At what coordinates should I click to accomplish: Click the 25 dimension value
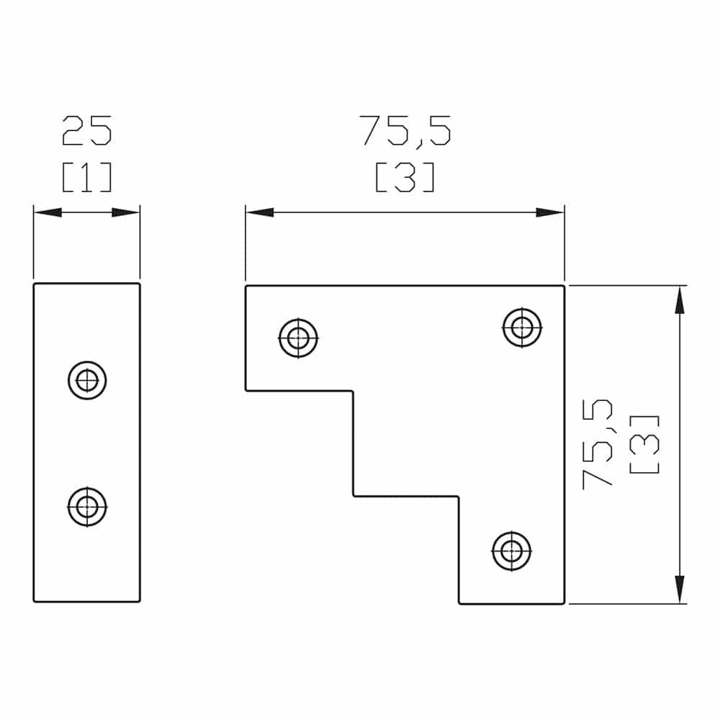coord(87,131)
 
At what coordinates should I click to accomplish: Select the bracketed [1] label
coord(87,177)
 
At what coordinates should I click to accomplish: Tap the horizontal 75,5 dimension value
coord(405,131)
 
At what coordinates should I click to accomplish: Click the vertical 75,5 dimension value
coord(597,444)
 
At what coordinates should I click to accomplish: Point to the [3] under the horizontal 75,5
coord(405,177)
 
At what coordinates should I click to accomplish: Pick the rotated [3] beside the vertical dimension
coord(644,444)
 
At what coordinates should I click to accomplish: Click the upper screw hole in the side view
coord(88,379)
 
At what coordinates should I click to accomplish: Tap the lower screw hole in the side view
coord(88,506)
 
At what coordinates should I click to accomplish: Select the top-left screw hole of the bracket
coord(298,337)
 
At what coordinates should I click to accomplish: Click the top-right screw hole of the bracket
coord(522,327)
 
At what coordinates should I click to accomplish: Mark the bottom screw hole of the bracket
coord(512,551)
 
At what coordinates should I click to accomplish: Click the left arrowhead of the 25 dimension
coord(45,212)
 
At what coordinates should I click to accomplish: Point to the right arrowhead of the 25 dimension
coord(128,212)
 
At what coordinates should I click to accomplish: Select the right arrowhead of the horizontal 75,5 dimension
coord(552,212)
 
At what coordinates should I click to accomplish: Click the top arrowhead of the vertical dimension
coord(678,298)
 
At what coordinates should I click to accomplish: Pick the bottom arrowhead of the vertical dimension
coord(678,590)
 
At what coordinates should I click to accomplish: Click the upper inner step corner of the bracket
coord(353,391)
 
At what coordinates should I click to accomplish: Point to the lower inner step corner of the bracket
coord(459,496)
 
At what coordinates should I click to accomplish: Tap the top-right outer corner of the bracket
coord(564,287)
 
